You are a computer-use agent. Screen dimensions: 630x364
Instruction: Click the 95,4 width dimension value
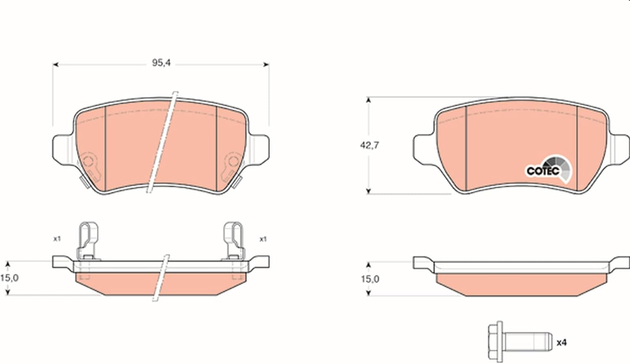click(x=161, y=63)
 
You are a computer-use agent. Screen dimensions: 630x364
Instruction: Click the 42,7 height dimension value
click(x=370, y=145)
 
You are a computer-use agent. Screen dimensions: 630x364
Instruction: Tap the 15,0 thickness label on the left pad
click(x=9, y=278)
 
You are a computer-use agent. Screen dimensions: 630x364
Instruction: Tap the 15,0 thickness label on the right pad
click(x=370, y=279)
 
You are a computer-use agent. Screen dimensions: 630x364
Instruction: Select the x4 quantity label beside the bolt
click(x=562, y=343)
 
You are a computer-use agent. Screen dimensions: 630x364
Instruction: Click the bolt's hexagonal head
click(x=496, y=342)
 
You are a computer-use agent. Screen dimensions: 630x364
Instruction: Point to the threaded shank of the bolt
click(x=528, y=342)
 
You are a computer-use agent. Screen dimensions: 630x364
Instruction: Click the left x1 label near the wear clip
click(x=57, y=239)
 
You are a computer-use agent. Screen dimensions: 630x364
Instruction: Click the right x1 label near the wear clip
click(x=263, y=239)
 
